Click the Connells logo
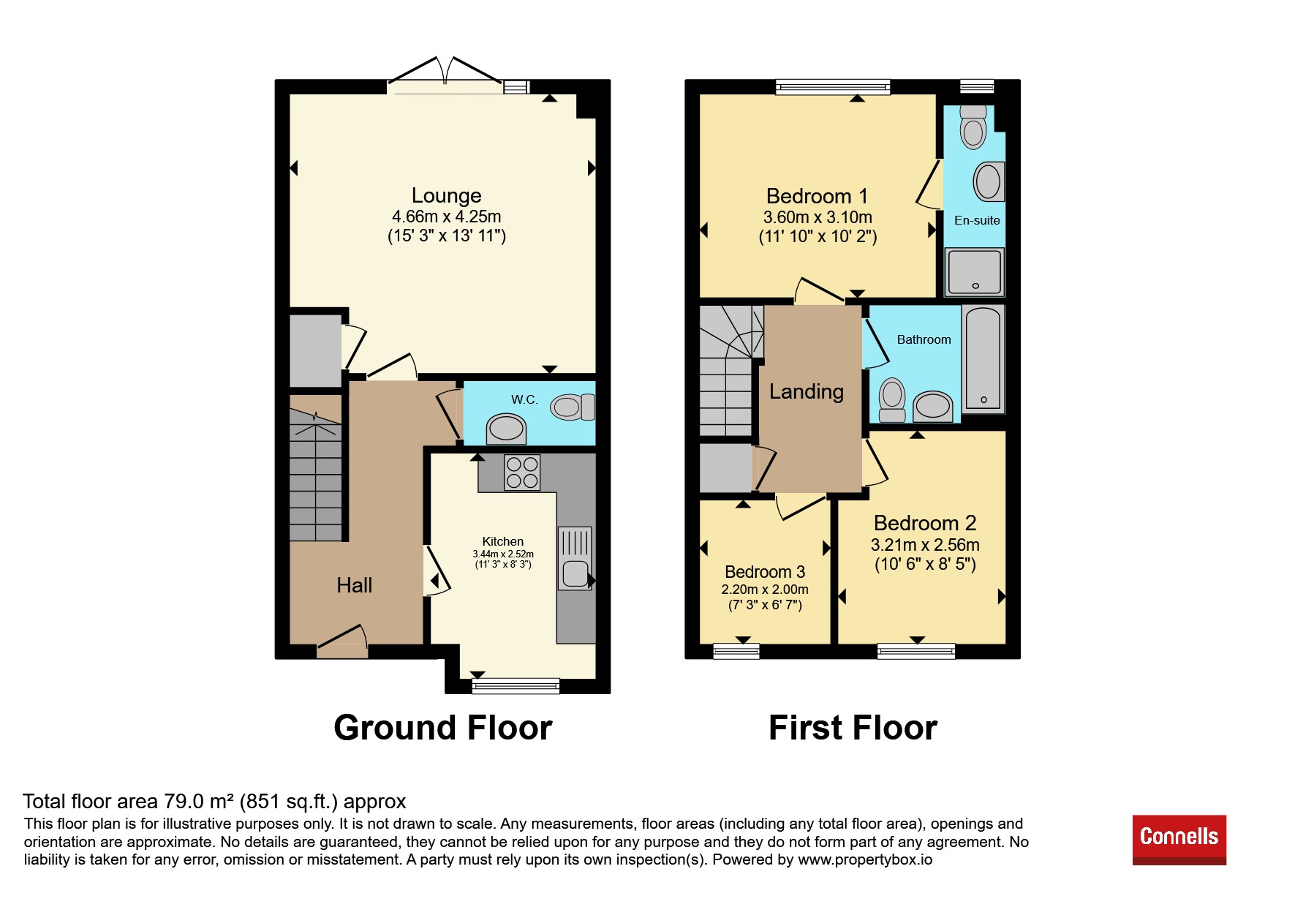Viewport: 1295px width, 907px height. click(1179, 840)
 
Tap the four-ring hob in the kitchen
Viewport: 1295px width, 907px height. click(522, 473)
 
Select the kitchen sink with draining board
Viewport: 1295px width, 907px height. click(575, 558)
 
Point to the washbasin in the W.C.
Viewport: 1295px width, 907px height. click(506, 429)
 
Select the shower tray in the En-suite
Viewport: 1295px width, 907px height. click(975, 272)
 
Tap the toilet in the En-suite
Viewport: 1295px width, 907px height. click(973, 127)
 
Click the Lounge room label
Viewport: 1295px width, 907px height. click(447, 195)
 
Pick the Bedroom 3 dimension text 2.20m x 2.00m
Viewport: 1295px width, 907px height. click(765, 590)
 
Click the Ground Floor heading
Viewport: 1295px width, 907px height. click(443, 728)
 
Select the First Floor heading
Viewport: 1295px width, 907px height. click(853, 728)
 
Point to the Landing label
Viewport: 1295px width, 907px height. click(807, 392)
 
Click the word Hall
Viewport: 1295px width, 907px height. click(355, 585)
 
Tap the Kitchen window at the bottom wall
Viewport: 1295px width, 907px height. click(516, 686)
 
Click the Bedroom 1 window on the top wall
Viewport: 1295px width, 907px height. click(834, 87)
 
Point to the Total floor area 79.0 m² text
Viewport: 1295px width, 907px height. click(214, 802)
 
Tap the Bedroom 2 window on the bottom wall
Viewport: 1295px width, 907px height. click(916, 651)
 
